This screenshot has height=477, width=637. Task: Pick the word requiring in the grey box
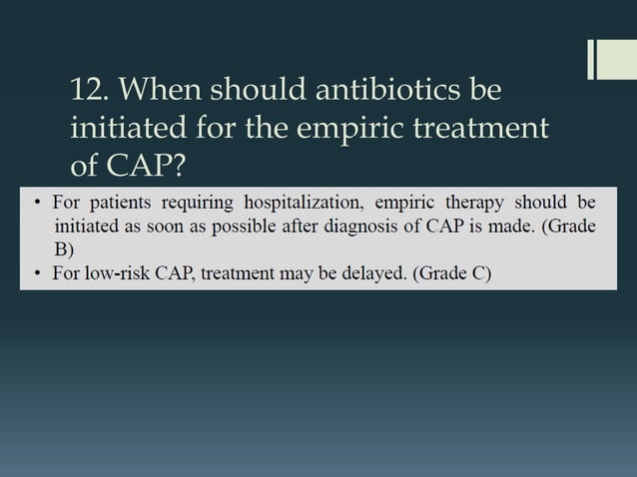point(199,204)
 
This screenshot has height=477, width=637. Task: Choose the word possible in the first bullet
point(247,227)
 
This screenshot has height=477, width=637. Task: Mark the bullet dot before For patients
point(34,205)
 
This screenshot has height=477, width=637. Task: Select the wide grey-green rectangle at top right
point(615,59)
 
